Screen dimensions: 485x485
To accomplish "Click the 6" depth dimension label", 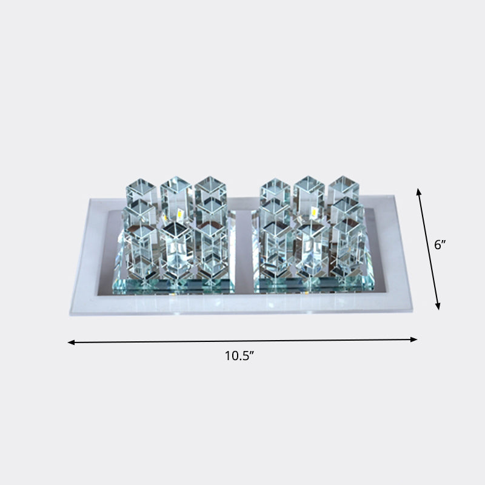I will click(441, 245).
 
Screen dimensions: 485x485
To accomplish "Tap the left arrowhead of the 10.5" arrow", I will click(70, 343).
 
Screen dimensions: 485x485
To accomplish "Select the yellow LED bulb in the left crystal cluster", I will click(180, 213).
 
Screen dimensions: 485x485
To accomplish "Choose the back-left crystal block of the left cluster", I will click(141, 192).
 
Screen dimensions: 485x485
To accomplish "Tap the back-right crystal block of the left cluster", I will click(210, 190).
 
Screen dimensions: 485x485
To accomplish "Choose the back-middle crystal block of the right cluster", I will click(309, 190).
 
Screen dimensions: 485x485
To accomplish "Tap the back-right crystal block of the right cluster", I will click(343, 190).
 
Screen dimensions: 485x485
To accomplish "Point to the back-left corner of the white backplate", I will click(90, 199).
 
